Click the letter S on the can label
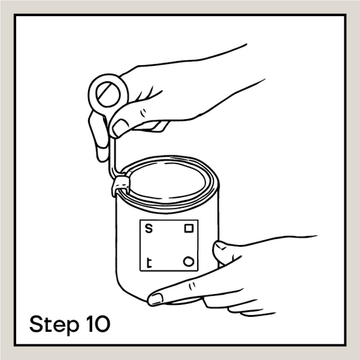click(x=149, y=229)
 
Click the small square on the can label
click(x=189, y=228)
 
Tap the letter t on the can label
click(x=149, y=263)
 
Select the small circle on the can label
click(x=188, y=262)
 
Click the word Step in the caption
click(x=55, y=325)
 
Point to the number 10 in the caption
click(x=98, y=324)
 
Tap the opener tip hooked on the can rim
click(x=121, y=185)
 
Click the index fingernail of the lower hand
click(x=155, y=298)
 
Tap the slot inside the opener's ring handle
click(x=108, y=94)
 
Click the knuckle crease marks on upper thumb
click(x=143, y=113)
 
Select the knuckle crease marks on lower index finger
click(x=192, y=286)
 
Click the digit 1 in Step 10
click(x=90, y=324)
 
